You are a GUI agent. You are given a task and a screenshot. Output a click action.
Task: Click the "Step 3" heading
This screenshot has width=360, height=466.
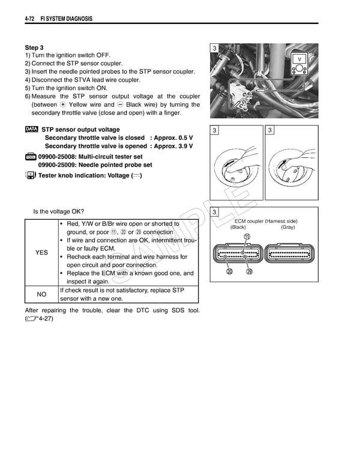pyautogui.click(x=34, y=47)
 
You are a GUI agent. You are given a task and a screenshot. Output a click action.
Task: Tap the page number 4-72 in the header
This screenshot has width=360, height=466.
pyautogui.click(x=31, y=19)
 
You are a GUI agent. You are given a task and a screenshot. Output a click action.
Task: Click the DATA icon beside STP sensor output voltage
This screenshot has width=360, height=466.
pyautogui.click(x=32, y=129)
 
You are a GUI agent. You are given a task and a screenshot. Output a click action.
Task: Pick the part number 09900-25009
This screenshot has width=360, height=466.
pyautogui.click(x=59, y=165)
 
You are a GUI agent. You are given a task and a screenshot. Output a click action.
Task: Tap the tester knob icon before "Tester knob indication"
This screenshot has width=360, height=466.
pyautogui.click(x=30, y=175)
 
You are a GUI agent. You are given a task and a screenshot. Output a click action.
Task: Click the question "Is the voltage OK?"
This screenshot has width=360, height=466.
pyautogui.click(x=59, y=211)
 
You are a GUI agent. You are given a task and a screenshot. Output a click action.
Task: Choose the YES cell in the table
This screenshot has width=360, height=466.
pyautogui.click(x=41, y=253)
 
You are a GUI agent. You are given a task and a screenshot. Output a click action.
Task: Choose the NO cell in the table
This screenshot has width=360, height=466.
pyautogui.click(x=41, y=294)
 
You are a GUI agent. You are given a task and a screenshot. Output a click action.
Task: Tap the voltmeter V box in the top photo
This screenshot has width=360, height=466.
pyautogui.click(x=299, y=59)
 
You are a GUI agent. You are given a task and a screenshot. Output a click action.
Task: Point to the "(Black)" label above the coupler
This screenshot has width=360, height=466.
pyautogui.click(x=238, y=228)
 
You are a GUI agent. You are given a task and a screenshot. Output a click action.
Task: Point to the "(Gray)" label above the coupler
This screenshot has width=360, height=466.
pyautogui.click(x=288, y=228)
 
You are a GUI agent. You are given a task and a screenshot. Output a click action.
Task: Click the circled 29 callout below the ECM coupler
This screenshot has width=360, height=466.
pyautogui.click(x=249, y=271)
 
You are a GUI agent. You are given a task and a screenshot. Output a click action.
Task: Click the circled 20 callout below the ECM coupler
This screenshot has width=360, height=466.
pyautogui.click(x=229, y=271)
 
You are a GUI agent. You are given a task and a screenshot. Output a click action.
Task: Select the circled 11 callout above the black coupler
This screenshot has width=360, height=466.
pyautogui.click(x=247, y=237)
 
